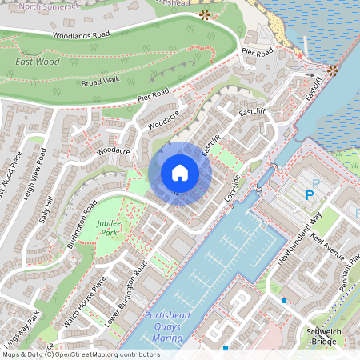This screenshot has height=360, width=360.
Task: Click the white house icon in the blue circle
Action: pos(180,173)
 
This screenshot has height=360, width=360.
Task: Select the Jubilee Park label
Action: pos(109,226)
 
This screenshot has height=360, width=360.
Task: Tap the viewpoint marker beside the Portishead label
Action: pos(204,14)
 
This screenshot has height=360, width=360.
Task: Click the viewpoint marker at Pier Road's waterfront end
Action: pos(331,70)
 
